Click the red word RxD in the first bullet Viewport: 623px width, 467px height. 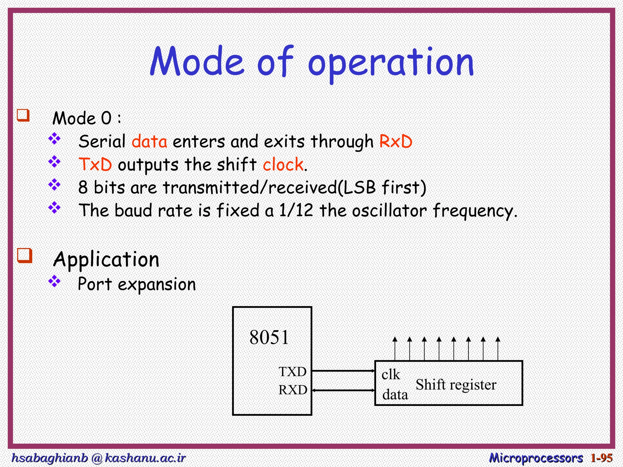click(x=396, y=142)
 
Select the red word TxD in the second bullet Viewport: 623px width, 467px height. click(x=95, y=164)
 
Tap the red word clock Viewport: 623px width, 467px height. click(x=283, y=164)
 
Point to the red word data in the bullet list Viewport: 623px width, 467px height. click(x=149, y=142)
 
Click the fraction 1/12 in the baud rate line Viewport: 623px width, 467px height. click(x=296, y=210)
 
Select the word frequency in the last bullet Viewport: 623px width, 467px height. click(x=473, y=211)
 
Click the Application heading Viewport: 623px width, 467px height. click(x=106, y=260)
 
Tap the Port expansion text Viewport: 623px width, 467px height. click(x=137, y=284)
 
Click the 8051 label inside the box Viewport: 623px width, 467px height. click(x=269, y=337)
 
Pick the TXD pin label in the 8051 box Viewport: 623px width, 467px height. click(x=292, y=372)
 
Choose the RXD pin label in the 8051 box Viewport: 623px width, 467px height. click(x=293, y=390)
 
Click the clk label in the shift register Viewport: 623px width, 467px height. click(x=391, y=374)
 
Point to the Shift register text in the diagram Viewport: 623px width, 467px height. click(x=456, y=385)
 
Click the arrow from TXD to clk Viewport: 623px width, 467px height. click(x=343, y=371)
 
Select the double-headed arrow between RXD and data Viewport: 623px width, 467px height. click(x=343, y=390)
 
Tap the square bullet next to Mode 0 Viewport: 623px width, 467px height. click(x=23, y=115)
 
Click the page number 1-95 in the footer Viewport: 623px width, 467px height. click(x=601, y=458)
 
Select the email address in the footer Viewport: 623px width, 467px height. click(x=98, y=458)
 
